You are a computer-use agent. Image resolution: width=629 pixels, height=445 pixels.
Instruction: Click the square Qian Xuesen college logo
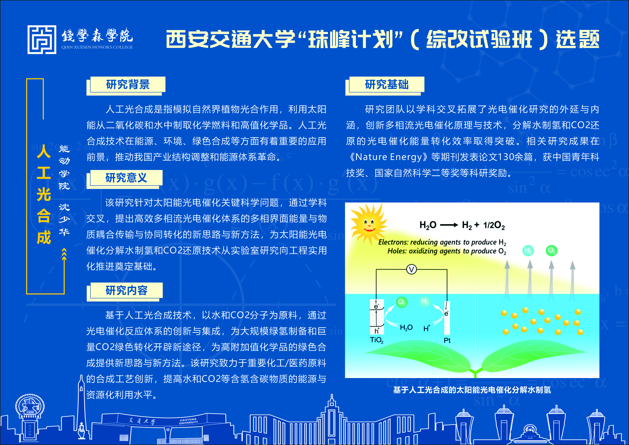coord(42,40)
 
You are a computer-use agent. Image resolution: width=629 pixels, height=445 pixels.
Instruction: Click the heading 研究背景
coord(128,84)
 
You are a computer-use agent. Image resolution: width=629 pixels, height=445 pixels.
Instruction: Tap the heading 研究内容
coord(127,290)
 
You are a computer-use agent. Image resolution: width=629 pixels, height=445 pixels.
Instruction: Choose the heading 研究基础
coord(387,84)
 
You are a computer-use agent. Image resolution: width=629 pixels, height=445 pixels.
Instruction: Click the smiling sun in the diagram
coord(369,223)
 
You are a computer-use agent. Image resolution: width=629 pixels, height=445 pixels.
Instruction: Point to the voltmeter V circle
coord(411,270)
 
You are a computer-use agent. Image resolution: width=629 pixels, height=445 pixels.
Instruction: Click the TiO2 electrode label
coord(377,340)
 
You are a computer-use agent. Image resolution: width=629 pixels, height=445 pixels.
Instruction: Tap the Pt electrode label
coord(447,340)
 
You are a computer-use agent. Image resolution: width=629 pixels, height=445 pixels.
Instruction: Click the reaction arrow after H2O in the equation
coord(449,225)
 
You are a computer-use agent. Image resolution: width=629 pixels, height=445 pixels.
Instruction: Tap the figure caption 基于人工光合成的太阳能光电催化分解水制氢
coord(472,390)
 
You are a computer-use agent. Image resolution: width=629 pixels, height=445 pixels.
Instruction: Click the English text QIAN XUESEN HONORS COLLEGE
coord(97,47)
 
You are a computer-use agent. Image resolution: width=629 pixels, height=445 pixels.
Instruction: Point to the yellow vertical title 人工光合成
coord(44,195)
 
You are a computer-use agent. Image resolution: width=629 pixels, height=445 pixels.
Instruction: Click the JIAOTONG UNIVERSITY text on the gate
coord(188,421)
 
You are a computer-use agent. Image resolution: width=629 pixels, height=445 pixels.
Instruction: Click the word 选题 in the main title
coord(577,40)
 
